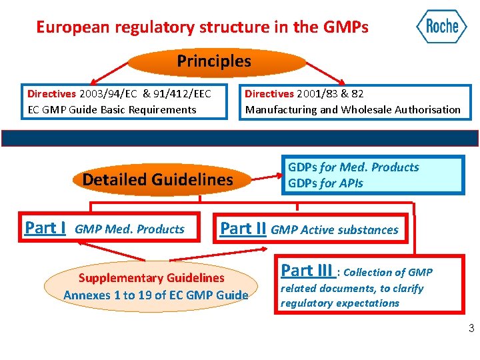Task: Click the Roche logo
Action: (x=441, y=27)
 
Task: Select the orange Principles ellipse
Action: (x=213, y=62)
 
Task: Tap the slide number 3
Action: (x=471, y=327)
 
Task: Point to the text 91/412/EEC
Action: (x=182, y=93)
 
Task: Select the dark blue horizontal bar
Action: (x=240, y=138)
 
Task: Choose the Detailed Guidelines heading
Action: (x=157, y=179)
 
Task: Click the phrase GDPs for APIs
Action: (x=325, y=183)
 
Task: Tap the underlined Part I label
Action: (x=45, y=228)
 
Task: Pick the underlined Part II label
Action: (x=243, y=228)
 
